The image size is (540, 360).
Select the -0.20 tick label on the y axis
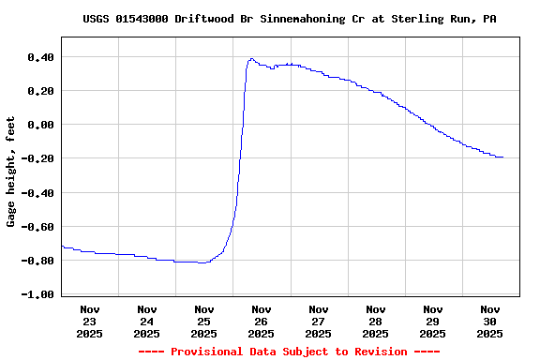pos(37,158)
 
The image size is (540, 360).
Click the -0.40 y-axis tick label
pos(37,192)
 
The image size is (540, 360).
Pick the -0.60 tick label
pos(37,226)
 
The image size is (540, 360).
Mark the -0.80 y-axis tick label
pos(37,261)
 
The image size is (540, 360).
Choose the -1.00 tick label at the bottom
pos(37,294)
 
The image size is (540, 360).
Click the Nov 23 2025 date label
pos(90,321)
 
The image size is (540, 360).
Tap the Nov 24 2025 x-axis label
pos(147,321)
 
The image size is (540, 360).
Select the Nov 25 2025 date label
pos(204,321)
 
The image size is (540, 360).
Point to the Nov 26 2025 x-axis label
pos(262,321)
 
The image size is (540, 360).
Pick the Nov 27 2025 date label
pos(319,321)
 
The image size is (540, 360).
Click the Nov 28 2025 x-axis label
pos(376,321)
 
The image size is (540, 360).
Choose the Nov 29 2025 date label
pos(433,321)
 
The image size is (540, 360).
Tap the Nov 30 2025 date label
pos(490,321)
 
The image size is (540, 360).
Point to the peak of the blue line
pos(251,59)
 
